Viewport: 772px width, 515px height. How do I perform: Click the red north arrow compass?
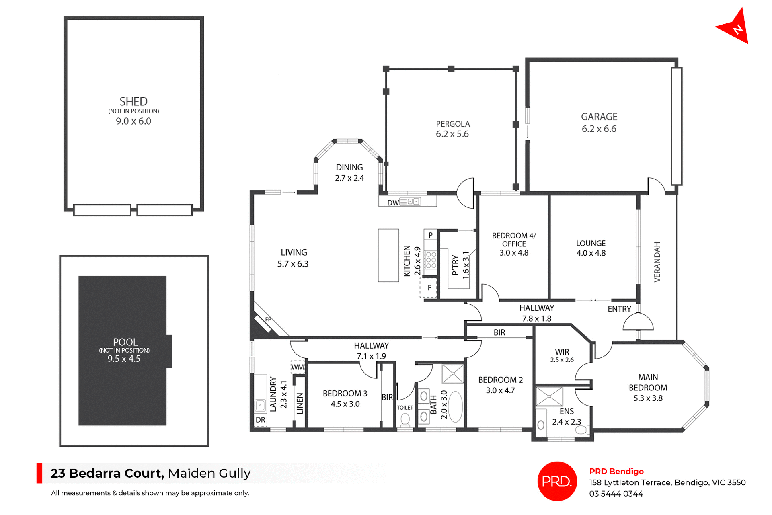pyautogui.click(x=735, y=27)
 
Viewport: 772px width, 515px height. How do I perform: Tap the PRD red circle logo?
pyautogui.click(x=557, y=481)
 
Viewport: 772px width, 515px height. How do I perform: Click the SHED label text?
pyautogui.click(x=133, y=101)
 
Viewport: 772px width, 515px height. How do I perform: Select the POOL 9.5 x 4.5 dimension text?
pyautogui.click(x=124, y=359)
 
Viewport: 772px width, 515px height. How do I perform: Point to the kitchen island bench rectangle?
pyautogui.click(x=388, y=255)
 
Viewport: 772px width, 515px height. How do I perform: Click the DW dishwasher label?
pyautogui.click(x=392, y=203)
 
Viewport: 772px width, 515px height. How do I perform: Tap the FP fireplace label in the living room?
pyautogui.click(x=268, y=319)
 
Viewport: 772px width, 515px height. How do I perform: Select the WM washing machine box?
pyautogui.click(x=298, y=367)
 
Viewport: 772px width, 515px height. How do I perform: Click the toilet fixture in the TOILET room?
pyautogui.click(x=405, y=420)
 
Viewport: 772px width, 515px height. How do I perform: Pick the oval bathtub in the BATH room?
pyautogui.click(x=456, y=406)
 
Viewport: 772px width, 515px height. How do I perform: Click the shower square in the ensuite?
pyautogui.click(x=549, y=396)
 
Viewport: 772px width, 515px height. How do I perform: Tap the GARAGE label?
pyautogui.click(x=599, y=117)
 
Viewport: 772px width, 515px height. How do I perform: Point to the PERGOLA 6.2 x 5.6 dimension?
pyautogui.click(x=452, y=134)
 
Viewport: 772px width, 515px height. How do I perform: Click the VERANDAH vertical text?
pyautogui.click(x=657, y=262)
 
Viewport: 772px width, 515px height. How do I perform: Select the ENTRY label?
pyautogui.click(x=619, y=309)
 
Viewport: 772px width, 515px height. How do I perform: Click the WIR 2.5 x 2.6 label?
pyautogui.click(x=562, y=355)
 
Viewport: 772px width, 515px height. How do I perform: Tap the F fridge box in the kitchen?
pyautogui.click(x=429, y=288)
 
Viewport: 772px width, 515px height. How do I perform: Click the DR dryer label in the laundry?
pyautogui.click(x=260, y=420)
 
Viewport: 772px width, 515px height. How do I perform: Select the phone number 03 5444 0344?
pyautogui.click(x=616, y=494)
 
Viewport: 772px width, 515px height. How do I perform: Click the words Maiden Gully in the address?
pyautogui.click(x=209, y=473)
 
